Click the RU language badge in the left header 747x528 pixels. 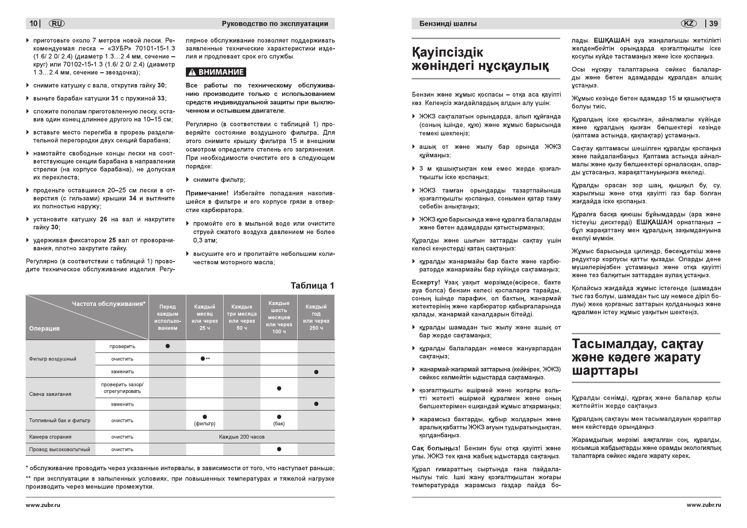pyautogui.click(x=56, y=23)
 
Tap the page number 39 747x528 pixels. pyautogui.click(x=714, y=23)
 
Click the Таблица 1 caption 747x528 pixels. pyautogui.click(x=312, y=286)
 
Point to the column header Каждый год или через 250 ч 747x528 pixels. pyautogui.click(x=316, y=317)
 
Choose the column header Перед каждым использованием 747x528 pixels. pyautogui.click(x=167, y=317)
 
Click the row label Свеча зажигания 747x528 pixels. pyautogui.click(x=50, y=394)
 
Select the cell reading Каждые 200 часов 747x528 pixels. pyautogui.click(x=242, y=437)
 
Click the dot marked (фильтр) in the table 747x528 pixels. pyautogui.click(x=204, y=417)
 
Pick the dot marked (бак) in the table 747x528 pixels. pyautogui.click(x=279, y=417)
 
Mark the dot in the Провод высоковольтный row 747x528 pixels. pyautogui.click(x=279, y=449)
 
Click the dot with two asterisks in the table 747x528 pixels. pyautogui.click(x=203, y=359)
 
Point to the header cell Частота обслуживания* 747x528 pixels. pyautogui.click(x=109, y=304)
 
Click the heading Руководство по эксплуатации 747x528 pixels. pyautogui.click(x=275, y=23)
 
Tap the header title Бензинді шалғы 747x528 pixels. pyautogui.click(x=448, y=24)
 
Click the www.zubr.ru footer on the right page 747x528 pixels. pyautogui.click(x=704, y=505)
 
